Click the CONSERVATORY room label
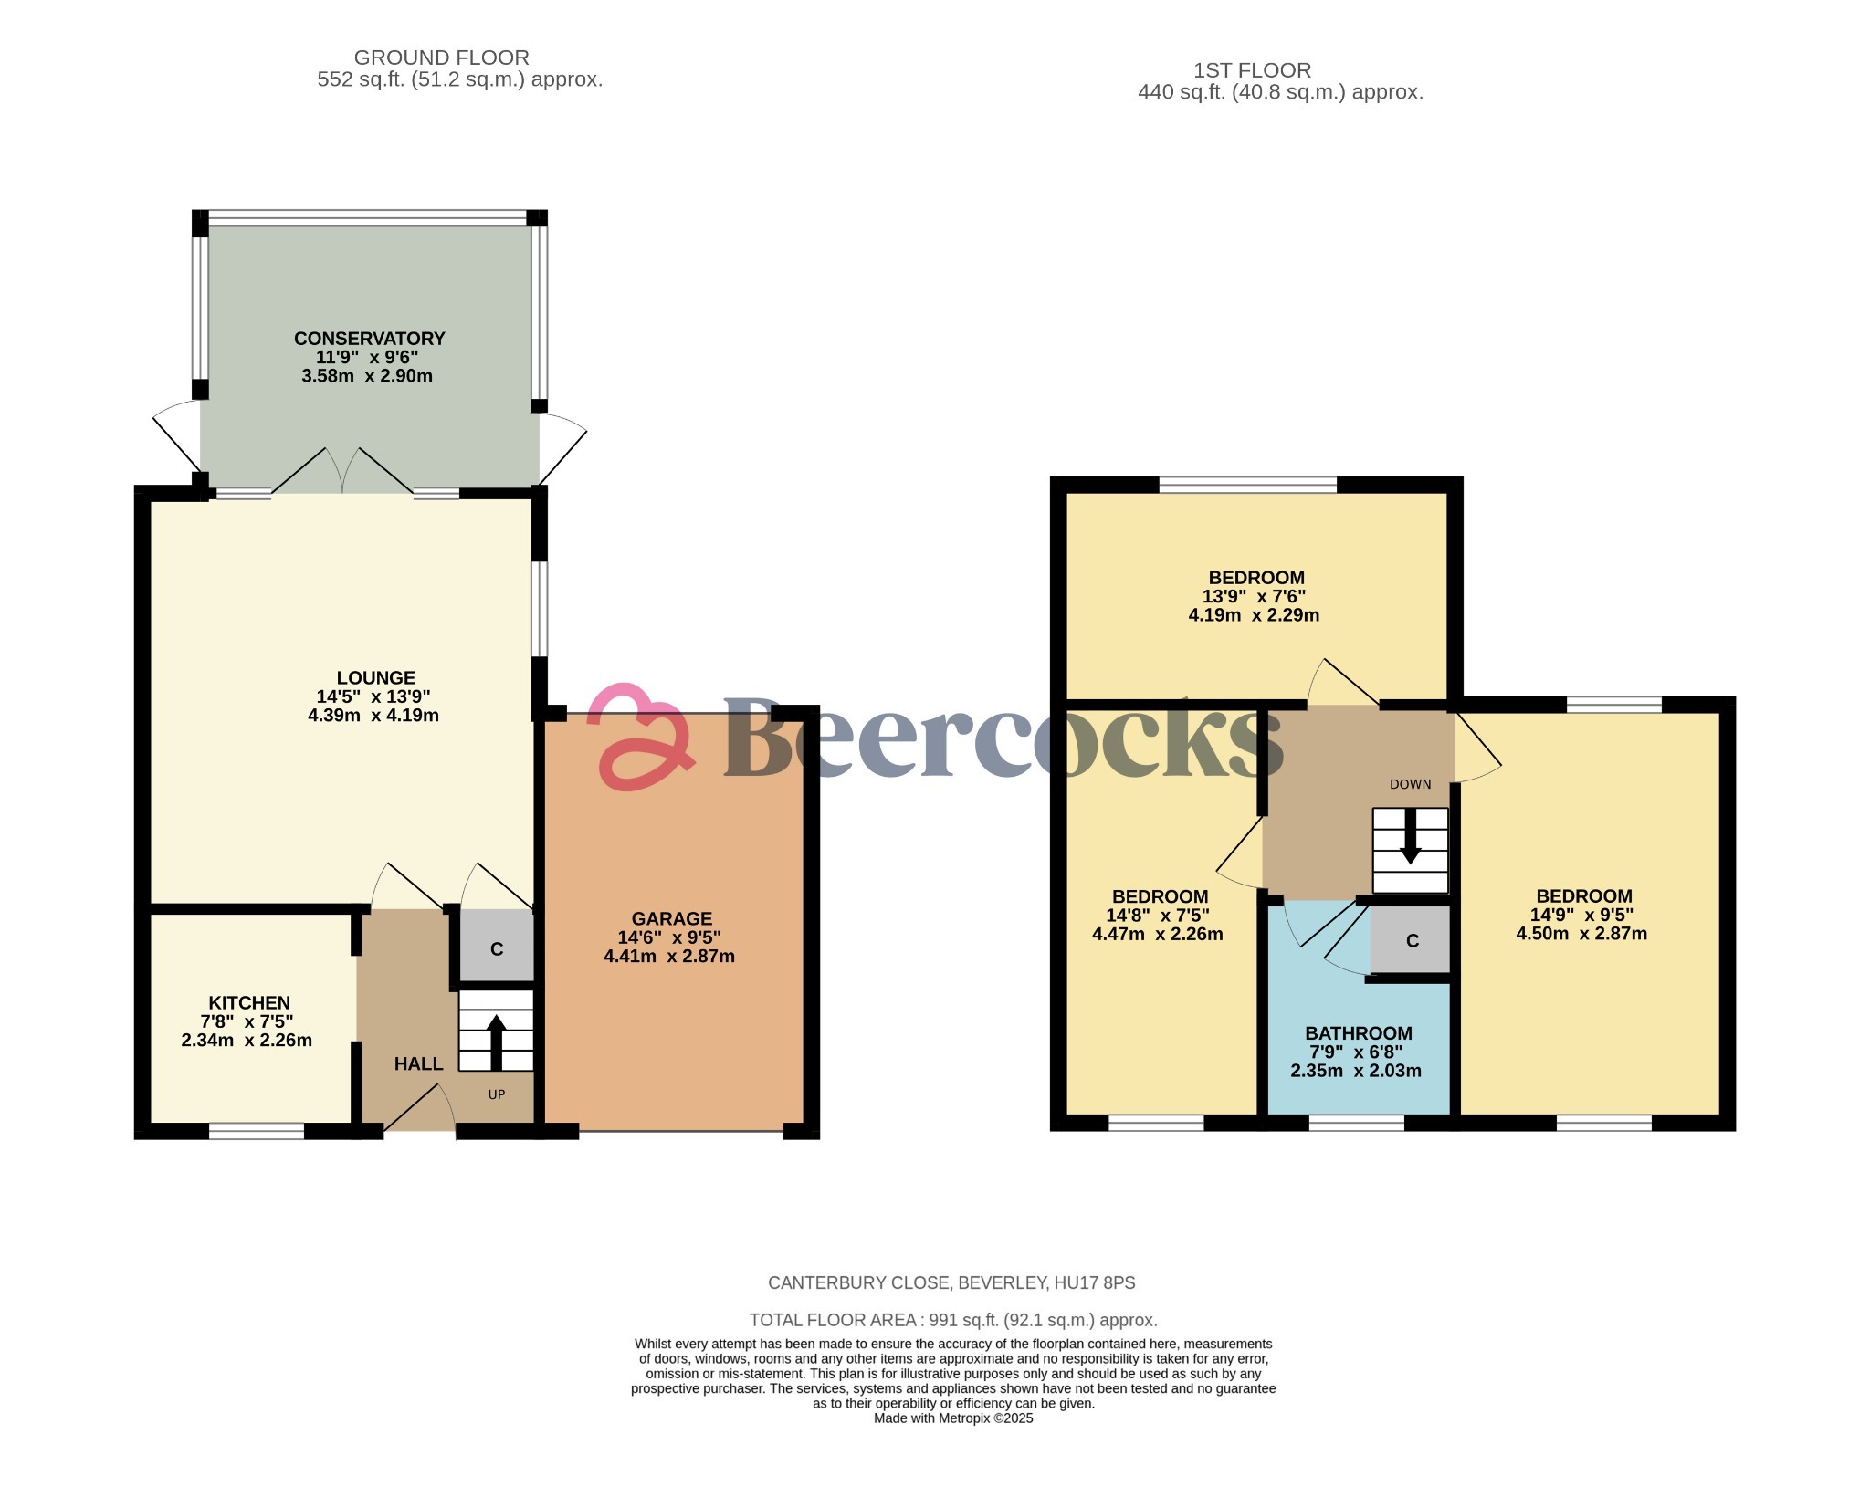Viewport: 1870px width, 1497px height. (369, 339)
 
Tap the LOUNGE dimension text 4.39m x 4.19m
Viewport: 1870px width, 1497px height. (373, 716)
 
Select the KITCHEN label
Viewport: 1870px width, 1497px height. (249, 1002)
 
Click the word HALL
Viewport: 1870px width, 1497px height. (418, 1063)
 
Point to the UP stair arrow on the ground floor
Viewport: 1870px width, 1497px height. (496, 1040)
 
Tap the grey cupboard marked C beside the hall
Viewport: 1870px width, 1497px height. (496, 949)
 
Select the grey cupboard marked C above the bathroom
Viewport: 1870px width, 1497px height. (1412, 941)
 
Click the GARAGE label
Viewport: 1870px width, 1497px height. (671, 919)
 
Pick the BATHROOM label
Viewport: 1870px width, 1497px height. (1358, 1033)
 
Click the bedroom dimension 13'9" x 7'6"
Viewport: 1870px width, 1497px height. (1254, 596)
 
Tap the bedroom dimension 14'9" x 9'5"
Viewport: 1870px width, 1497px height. (1581, 915)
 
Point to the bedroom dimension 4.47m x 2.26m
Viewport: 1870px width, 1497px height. (1158, 934)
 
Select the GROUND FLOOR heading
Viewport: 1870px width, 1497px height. (441, 58)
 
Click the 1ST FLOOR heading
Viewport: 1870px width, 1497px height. (1252, 70)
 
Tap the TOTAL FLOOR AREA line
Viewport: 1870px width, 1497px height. (952, 1320)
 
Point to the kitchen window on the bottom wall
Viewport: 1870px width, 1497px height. (257, 1131)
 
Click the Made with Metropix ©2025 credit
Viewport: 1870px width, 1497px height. (952, 1418)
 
